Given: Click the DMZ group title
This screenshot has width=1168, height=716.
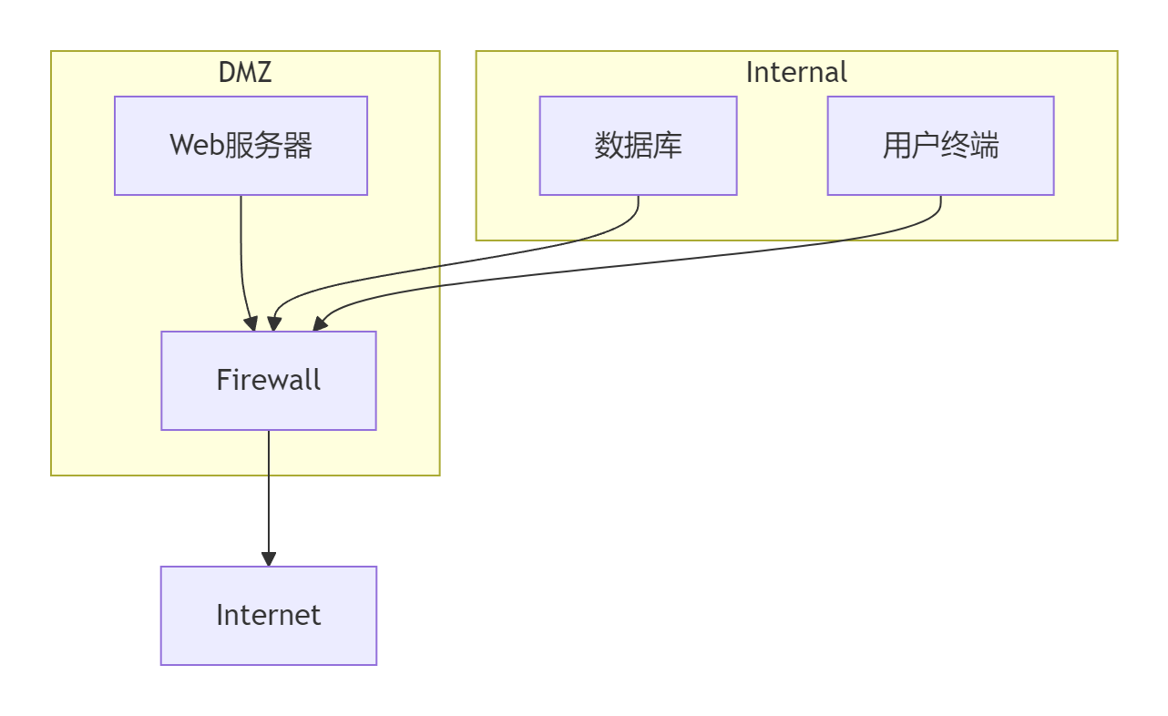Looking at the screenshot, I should [x=245, y=72].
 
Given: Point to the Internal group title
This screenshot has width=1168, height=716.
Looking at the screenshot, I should [x=796, y=72].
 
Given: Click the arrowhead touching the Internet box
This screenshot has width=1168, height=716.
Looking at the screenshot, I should [x=269, y=559].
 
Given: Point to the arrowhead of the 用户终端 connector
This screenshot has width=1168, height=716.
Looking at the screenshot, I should [x=319, y=323].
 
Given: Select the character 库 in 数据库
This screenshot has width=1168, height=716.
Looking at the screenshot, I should [x=668, y=146].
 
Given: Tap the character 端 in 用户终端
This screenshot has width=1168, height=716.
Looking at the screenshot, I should [x=985, y=146].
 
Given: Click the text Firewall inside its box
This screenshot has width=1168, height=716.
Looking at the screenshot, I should [x=269, y=380].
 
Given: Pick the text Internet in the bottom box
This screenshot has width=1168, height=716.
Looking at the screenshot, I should [x=269, y=615].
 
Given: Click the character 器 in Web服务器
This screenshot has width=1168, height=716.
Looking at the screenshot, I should [x=298, y=146].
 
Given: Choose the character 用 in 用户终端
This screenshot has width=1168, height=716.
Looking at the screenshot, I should [x=896, y=146].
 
